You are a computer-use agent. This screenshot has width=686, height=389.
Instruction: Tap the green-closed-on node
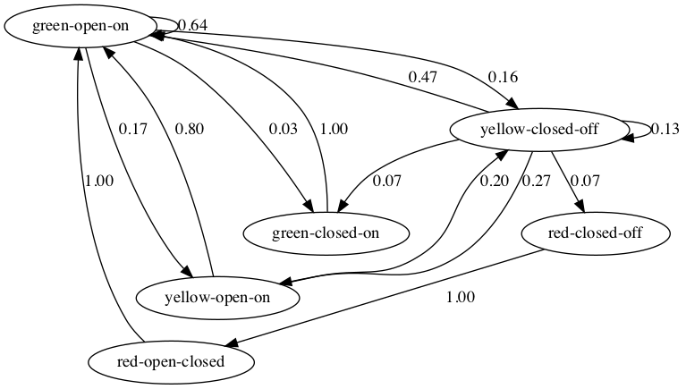327,233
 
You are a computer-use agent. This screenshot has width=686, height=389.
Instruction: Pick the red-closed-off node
595,233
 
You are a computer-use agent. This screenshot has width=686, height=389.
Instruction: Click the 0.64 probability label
194,25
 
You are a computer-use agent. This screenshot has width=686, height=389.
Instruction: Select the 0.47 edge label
423,77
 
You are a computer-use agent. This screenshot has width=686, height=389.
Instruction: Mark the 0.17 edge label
133,129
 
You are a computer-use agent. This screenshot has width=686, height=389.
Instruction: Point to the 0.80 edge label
189,129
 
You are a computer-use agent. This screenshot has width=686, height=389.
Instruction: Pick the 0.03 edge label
284,129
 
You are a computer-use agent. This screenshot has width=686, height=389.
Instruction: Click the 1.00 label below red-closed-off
460,297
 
